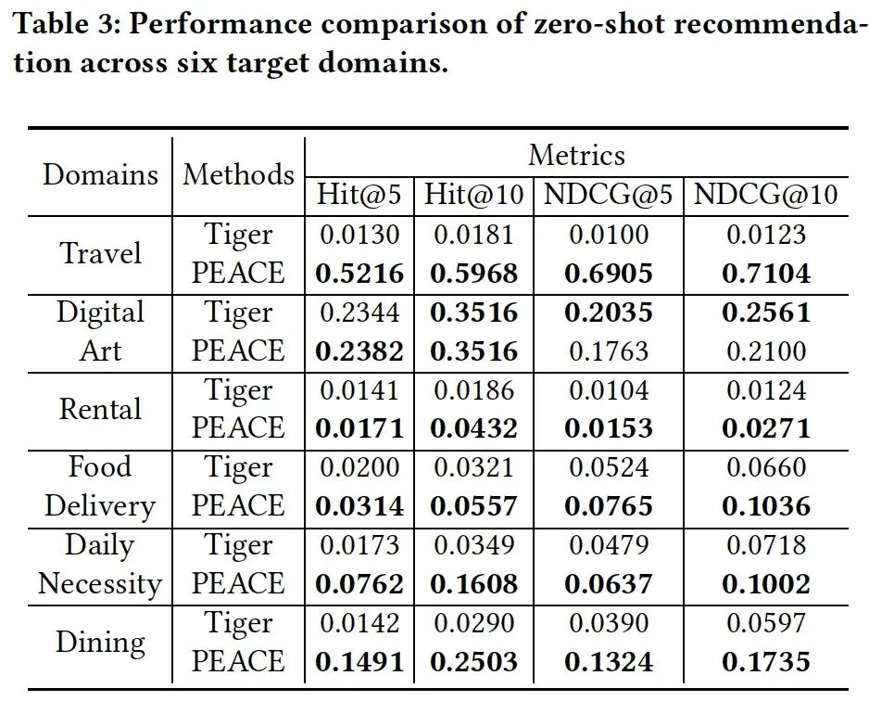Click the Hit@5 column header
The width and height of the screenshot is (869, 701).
(359, 195)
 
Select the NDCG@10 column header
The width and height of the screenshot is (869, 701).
(765, 195)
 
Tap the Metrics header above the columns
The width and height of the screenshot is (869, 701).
(576, 155)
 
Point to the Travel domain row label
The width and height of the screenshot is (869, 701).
(100, 253)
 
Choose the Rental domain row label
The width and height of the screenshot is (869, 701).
(100, 409)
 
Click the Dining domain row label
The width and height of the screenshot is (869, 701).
(100, 643)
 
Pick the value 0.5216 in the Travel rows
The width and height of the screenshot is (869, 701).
(359, 273)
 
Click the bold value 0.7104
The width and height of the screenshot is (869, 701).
(766, 273)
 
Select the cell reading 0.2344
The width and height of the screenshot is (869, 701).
(359, 312)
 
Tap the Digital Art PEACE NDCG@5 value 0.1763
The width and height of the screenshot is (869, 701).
(609, 351)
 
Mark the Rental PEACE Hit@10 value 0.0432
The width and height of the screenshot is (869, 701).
(473, 428)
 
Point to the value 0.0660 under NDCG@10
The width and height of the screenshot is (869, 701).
(766, 467)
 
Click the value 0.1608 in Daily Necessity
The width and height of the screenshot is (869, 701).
(473, 584)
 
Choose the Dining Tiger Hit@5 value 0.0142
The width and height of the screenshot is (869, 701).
(359, 622)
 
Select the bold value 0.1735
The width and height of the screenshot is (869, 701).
(766, 662)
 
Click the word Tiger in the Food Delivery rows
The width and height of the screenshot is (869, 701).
(238, 468)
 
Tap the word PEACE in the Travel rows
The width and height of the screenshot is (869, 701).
(238, 273)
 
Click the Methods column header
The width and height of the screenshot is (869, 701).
(238, 174)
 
